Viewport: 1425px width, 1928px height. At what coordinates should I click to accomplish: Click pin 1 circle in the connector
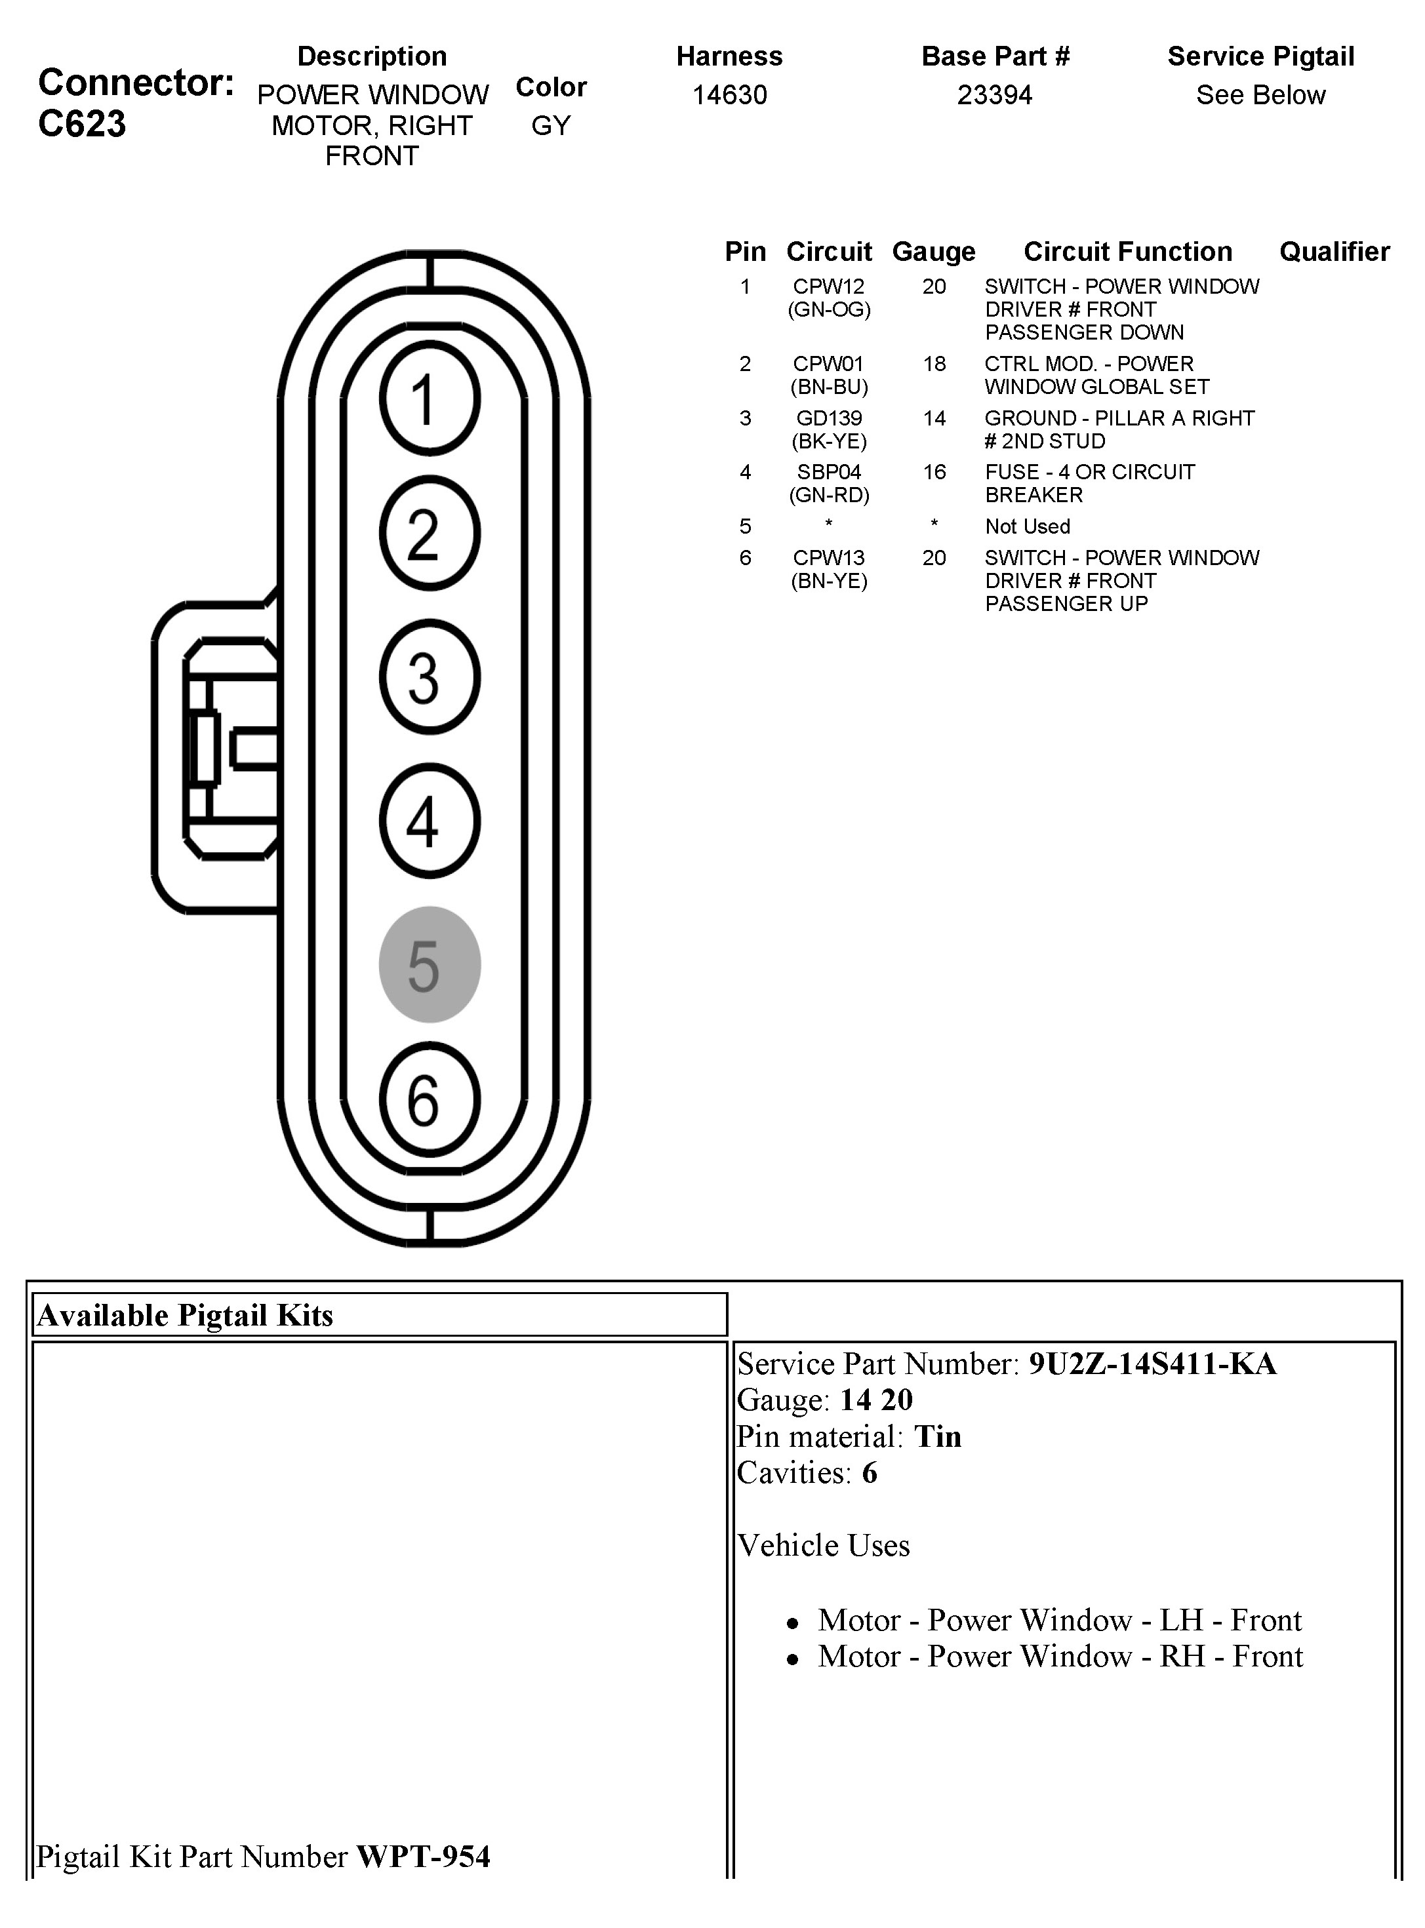430,399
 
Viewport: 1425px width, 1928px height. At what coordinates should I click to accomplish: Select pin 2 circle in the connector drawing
430,534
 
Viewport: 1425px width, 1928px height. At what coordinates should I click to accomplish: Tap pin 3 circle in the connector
430,677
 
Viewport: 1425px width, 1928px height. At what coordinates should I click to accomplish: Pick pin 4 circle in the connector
430,821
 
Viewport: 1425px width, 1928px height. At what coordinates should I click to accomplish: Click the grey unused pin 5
430,964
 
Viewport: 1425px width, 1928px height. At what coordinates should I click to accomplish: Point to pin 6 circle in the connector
430,1099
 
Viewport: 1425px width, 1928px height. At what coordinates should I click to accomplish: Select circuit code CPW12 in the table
828,286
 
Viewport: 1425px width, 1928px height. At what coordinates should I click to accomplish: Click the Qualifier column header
1334,252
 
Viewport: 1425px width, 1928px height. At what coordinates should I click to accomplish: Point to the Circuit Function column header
1127,252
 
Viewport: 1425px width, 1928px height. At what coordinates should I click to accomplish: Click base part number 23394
995,95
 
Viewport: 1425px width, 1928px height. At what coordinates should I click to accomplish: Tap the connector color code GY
550,126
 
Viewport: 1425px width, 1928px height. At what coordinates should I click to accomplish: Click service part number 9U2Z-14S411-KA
1152,1363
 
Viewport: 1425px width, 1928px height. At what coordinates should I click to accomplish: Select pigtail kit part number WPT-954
423,1856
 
